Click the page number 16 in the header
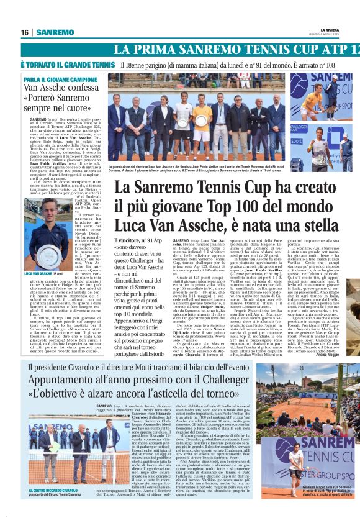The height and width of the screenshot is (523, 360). point(25,32)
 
